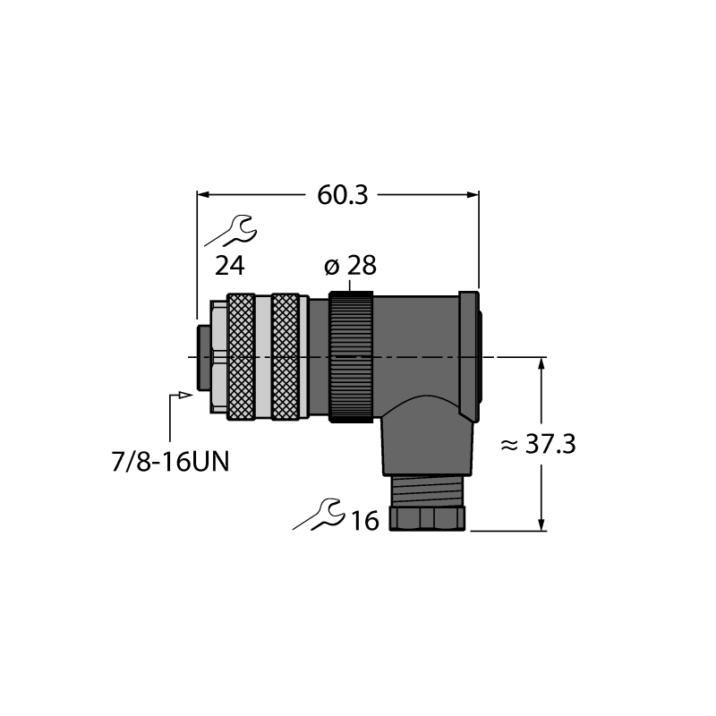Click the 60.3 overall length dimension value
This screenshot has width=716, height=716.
click(x=343, y=195)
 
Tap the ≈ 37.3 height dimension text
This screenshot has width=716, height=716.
click(x=538, y=444)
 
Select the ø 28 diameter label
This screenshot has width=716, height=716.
click(x=350, y=265)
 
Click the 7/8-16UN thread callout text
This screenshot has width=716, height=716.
click(x=170, y=462)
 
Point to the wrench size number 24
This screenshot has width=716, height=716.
click(x=230, y=266)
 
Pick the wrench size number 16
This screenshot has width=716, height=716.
click(x=365, y=521)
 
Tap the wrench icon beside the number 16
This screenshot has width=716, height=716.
click(x=319, y=514)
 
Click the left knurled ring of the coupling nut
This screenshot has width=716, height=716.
click(x=241, y=356)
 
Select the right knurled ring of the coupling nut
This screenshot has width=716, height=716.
click(x=286, y=356)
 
